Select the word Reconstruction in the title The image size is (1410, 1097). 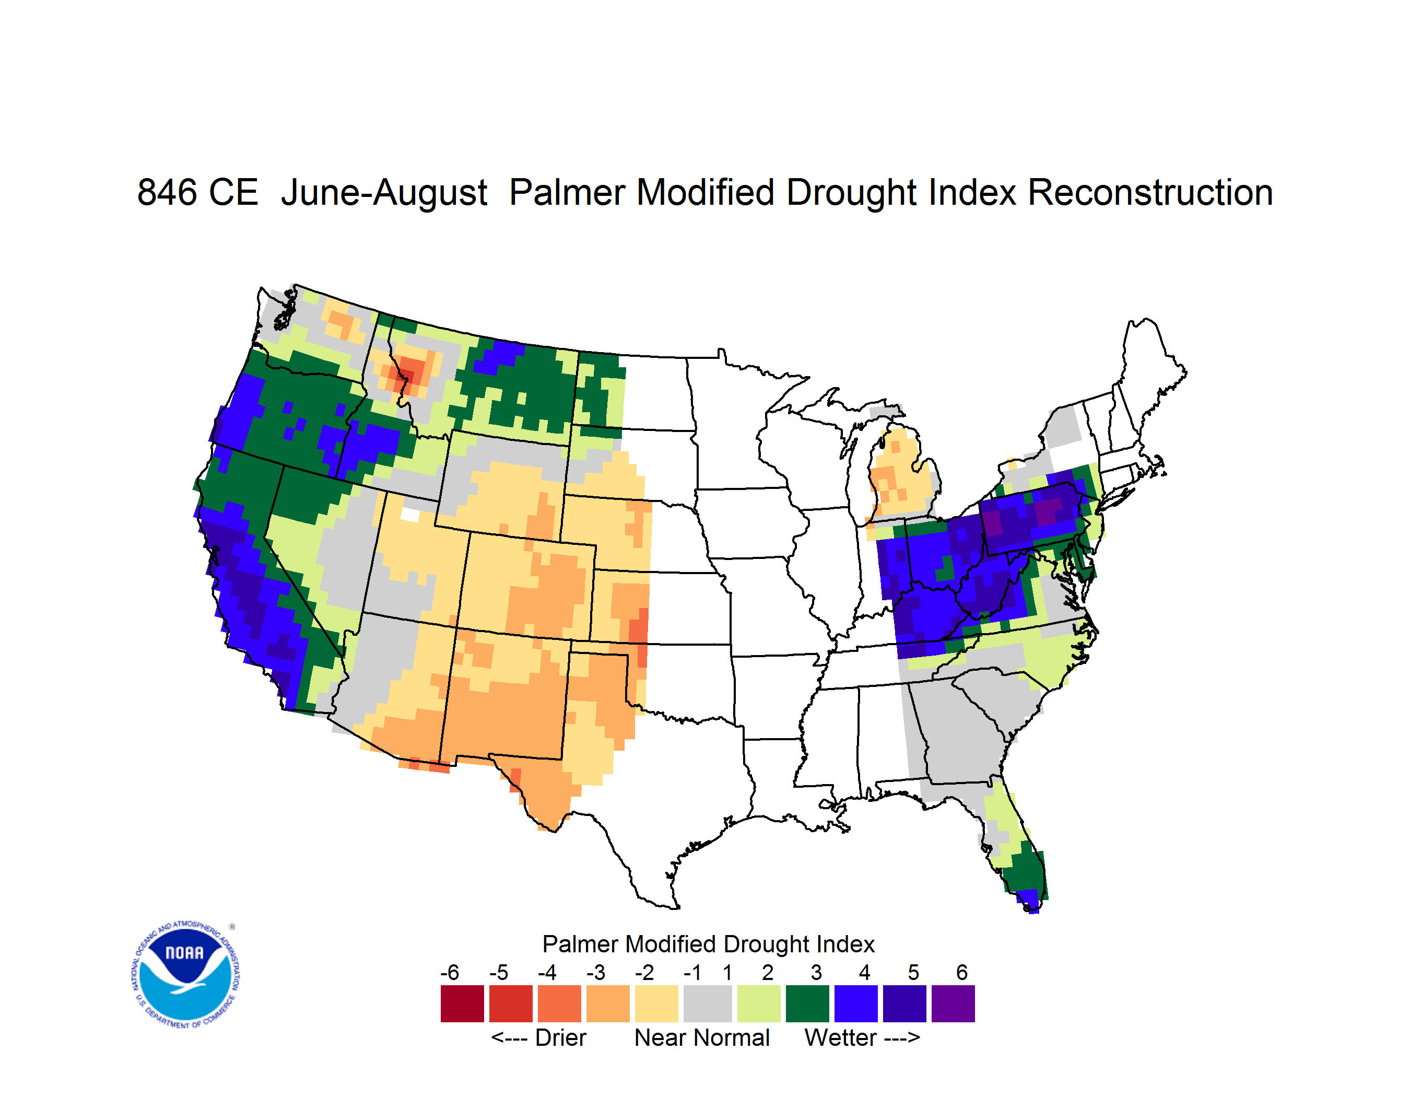(x=1150, y=192)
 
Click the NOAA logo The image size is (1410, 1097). (x=185, y=975)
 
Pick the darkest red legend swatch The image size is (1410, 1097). (x=462, y=1003)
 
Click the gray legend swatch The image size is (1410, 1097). (x=708, y=1003)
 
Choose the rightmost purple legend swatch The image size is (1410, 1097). (x=953, y=1003)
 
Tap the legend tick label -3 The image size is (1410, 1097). (x=596, y=972)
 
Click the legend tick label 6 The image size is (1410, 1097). (x=962, y=972)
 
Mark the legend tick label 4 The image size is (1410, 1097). (x=864, y=972)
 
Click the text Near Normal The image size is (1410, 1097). (x=702, y=1037)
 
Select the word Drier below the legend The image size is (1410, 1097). (x=560, y=1037)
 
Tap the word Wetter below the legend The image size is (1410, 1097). (x=841, y=1037)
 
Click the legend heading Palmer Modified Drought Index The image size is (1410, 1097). (x=708, y=944)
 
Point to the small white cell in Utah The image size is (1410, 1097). (x=410, y=515)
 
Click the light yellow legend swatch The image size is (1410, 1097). (x=656, y=1003)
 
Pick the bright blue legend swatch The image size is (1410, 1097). (x=856, y=1003)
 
